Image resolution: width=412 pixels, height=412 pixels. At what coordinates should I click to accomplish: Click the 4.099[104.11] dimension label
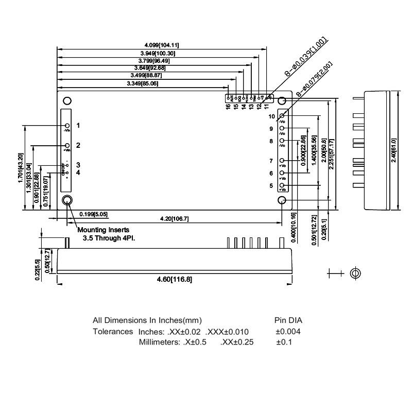(x=161, y=45)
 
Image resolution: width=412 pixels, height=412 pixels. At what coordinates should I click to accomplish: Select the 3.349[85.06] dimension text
(x=142, y=83)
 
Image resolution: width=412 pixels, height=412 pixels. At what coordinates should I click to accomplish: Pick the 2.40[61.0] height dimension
(x=393, y=151)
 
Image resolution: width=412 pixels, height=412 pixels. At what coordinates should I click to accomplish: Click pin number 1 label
(x=78, y=125)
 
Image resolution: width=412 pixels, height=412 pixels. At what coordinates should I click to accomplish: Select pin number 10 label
(x=271, y=116)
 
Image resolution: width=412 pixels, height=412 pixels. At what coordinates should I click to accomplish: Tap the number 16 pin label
(x=228, y=107)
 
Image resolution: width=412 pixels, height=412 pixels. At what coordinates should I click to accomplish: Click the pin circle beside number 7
(x=282, y=161)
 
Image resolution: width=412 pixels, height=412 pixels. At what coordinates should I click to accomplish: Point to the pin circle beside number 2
(x=67, y=146)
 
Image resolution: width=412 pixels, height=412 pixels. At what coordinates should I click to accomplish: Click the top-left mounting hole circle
(x=66, y=101)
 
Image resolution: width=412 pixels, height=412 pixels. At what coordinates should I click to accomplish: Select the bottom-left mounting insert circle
(x=67, y=200)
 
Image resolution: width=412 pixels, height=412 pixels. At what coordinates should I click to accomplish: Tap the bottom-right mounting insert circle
(x=282, y=200)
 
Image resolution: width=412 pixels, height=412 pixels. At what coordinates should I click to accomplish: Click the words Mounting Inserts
(x=103, y=230)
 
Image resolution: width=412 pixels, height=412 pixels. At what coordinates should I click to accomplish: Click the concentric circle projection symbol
(x=355, y=273)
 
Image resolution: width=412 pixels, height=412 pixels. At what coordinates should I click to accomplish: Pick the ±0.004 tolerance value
(x=288, y=331)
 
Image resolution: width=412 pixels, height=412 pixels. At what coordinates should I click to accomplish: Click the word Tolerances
(x=113, y=331)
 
